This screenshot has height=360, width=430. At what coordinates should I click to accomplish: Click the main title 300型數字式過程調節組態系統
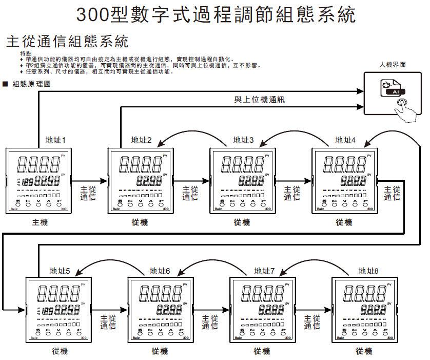[216, 15]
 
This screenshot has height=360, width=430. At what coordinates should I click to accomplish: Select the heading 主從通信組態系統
[66, 41]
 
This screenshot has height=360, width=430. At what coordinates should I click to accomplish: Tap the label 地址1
[55, 140]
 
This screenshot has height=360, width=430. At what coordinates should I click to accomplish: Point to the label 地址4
[346, 140]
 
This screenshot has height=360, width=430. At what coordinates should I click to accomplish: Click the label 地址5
[60, 271]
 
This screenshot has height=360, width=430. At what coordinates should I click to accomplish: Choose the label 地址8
[368, 271]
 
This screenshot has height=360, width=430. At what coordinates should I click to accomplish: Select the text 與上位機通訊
[259, 100]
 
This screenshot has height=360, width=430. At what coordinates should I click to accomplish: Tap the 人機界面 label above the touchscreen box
[393, 65]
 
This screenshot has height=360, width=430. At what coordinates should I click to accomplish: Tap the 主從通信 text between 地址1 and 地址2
[88, 193]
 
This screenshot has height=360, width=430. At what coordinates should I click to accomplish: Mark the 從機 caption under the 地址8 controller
[364, 351]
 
